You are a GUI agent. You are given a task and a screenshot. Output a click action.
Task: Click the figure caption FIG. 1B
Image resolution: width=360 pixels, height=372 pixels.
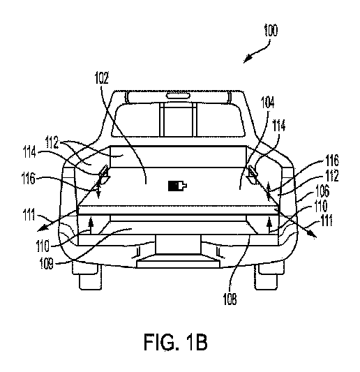pyautogui.click(x=179, y=342)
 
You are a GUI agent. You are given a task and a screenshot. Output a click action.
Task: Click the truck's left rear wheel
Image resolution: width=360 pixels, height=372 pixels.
pyautogui.click(x=89, y=278)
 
